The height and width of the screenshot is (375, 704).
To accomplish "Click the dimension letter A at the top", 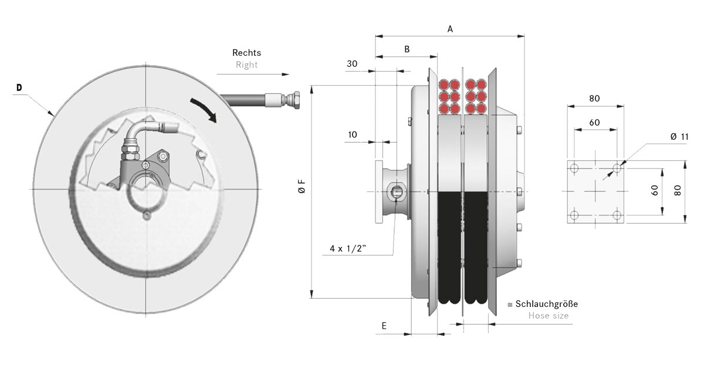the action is point(450,29).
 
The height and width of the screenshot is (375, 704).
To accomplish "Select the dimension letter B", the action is point(407,49).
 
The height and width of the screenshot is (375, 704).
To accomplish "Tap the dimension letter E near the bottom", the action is point(384,326).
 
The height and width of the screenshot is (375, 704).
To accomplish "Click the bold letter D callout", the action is point(19,87).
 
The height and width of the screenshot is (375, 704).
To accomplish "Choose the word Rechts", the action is point(246,52).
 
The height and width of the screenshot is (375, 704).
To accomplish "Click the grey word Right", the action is point(247,65).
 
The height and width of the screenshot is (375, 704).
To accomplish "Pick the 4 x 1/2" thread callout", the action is point(348,249).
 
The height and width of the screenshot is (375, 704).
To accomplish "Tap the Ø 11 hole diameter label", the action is point(679,137).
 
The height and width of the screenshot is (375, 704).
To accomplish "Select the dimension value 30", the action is point(352,64).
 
